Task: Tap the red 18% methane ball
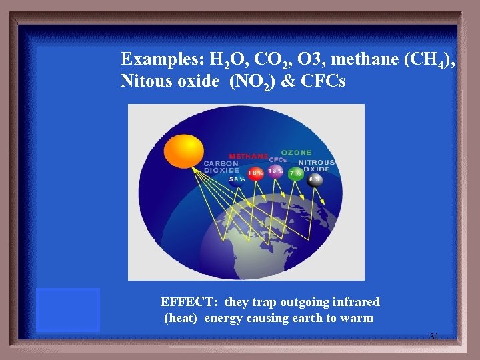pos(255,173)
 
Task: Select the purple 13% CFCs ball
pos(275,171)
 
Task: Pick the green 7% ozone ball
pos(295,174)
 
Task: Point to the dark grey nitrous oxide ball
pos(315,179)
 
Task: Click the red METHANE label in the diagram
pos(248,156)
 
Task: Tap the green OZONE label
pos(296,153)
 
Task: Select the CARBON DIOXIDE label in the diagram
pos(221,167)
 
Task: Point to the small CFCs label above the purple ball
pos(277,159)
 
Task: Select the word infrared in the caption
pos(353,302)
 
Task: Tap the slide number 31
pos(434,337)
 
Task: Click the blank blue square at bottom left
pos(68,310)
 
